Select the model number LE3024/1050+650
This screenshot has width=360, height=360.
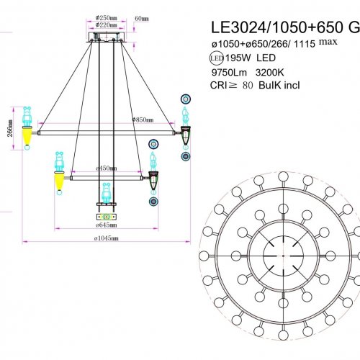coord(273,27)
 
